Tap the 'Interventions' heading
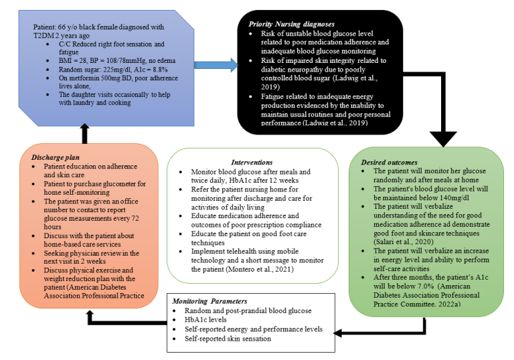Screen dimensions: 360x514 (x=252, y=162)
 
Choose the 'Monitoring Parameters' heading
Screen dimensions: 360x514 (x=209, y=302)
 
